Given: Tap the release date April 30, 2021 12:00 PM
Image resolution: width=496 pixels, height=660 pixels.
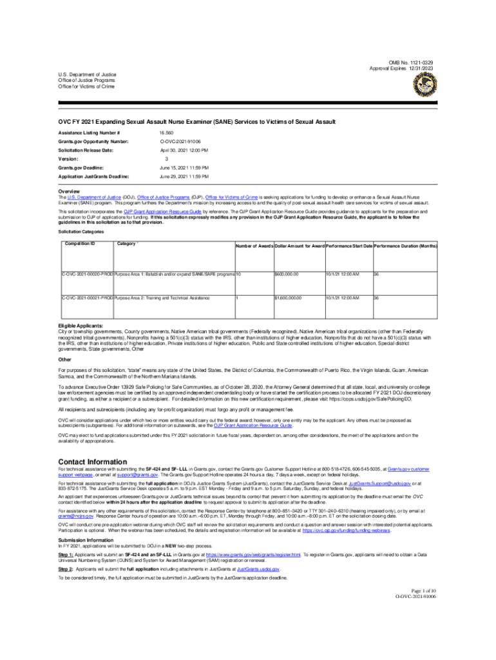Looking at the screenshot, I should pyautogui.click(x=184, y=150).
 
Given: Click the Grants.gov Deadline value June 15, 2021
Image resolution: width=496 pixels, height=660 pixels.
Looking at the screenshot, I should pyautogui.click(x=184, y=167).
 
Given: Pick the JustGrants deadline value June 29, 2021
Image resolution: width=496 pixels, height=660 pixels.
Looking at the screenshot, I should pyautogui.click(x=184, y=176).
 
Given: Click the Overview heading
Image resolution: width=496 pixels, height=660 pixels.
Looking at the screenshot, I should pyautogui.click(x=69, y=191).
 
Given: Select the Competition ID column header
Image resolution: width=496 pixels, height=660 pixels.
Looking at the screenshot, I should pyautogui.click(x=80, y=244).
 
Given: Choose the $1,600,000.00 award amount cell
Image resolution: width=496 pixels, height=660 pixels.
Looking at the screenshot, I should pyautogui.click(x=288, y=298).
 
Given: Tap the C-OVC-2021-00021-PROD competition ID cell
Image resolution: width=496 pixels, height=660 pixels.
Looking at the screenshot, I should pyautogui.click(x=86, y=298).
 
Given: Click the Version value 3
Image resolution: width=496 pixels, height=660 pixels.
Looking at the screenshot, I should pyautogui.click(x=167, y=159).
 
